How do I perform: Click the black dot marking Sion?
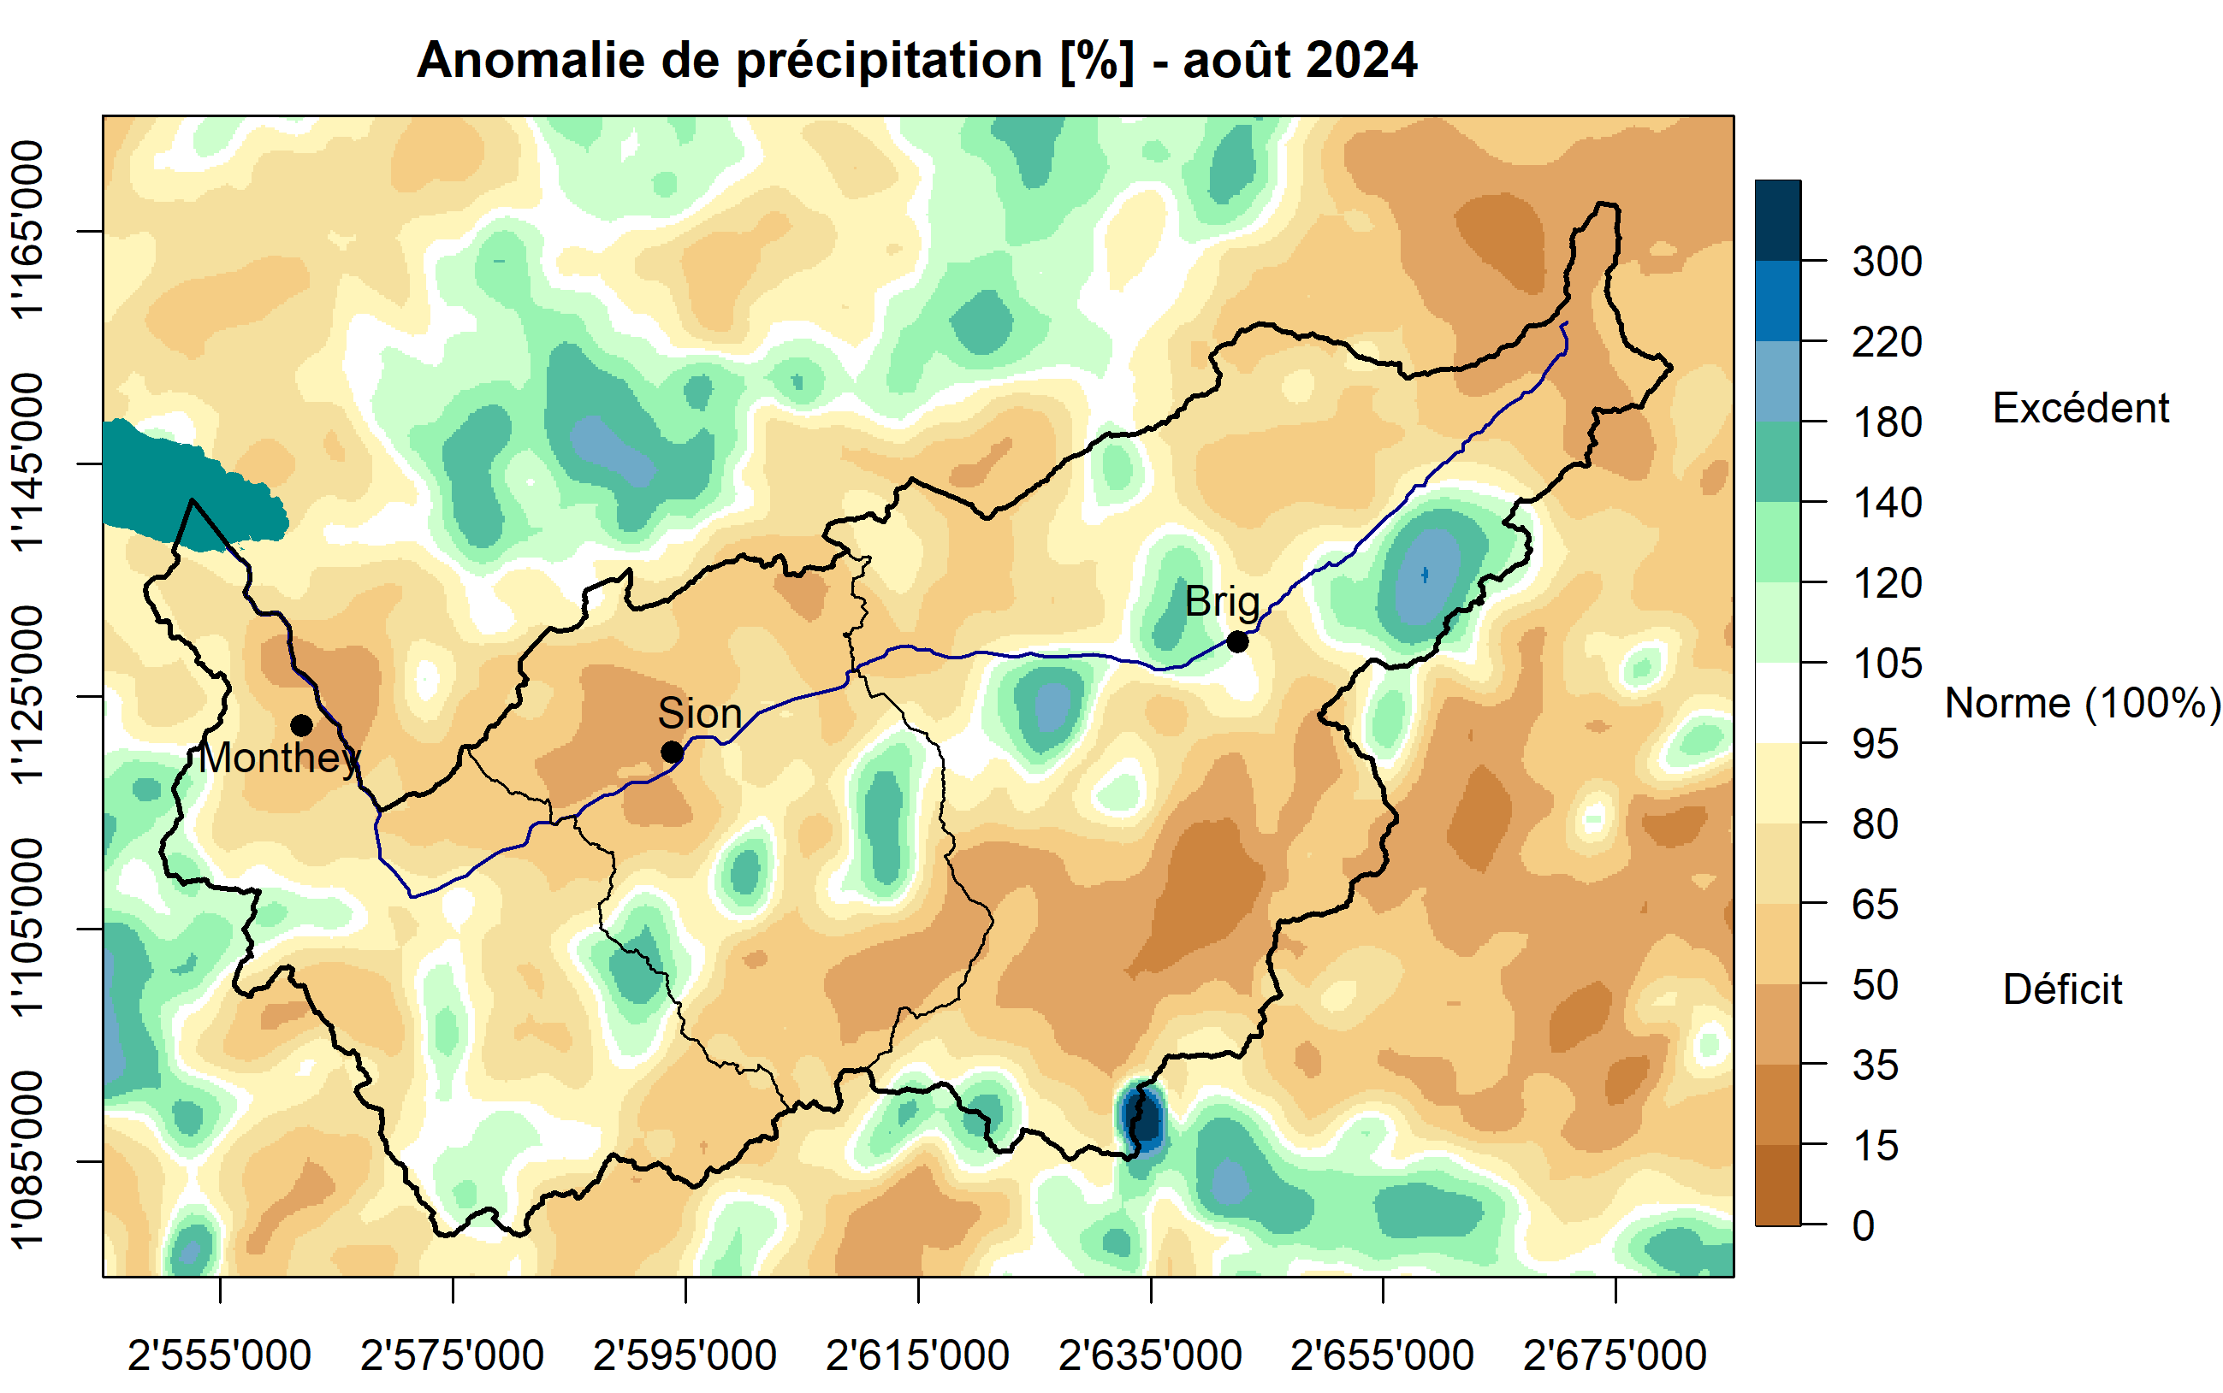672,753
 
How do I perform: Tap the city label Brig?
1221,603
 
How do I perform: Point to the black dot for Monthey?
301,726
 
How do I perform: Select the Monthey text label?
279,758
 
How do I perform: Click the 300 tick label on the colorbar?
1887,263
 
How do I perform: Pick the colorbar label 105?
1887,664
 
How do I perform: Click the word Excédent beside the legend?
2080,408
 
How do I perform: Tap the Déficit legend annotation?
2062,990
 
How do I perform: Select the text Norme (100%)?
2082,704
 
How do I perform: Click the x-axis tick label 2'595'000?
685,1356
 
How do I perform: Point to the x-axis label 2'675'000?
1615,1356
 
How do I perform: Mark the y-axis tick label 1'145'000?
27,463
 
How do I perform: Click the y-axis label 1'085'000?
27,1160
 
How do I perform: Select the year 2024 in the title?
1360,61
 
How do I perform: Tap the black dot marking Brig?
1236,642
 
